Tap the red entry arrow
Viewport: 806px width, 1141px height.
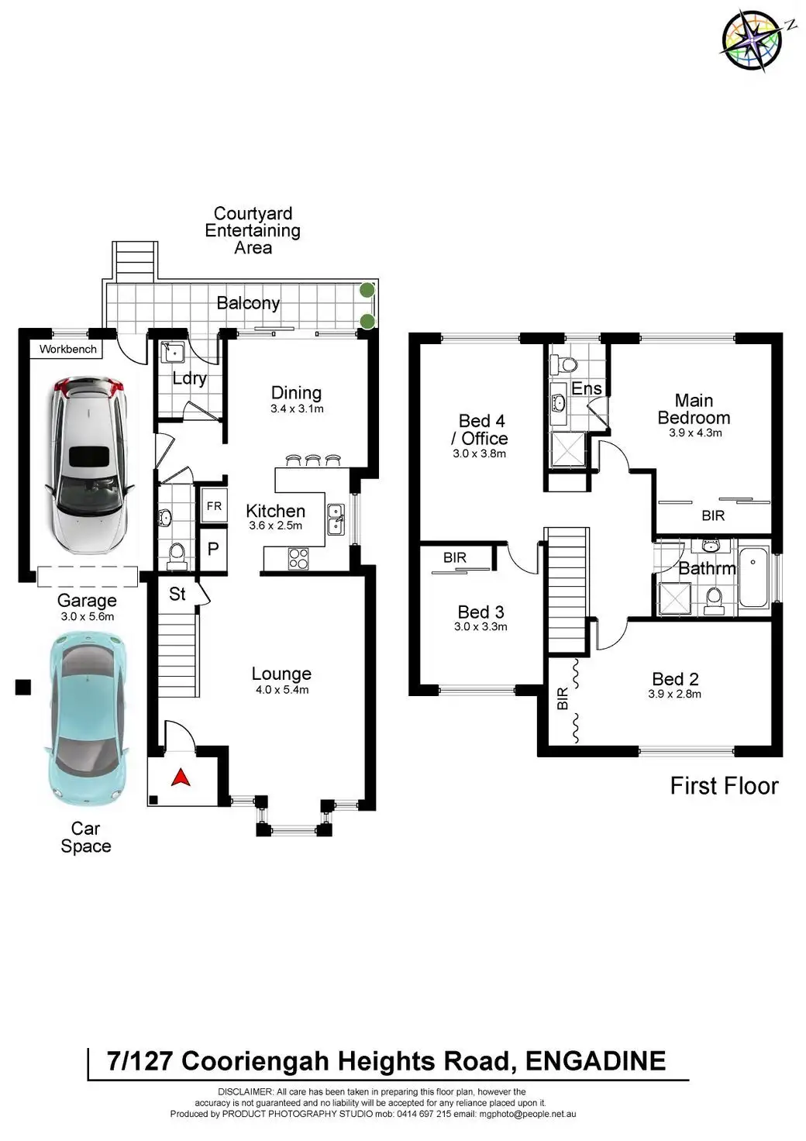(181, 777)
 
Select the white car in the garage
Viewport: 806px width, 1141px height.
(87, 464)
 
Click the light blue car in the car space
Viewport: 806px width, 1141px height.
(84, 718)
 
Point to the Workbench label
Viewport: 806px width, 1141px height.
(68, 350)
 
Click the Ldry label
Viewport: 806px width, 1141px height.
(189, 378)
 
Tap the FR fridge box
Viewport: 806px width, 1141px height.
(214, 506)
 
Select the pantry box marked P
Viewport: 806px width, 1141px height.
(213, 549)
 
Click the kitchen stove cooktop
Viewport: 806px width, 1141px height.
(298, 558)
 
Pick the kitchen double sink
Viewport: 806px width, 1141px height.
(336, 519)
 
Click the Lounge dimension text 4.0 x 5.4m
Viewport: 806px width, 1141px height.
(282, 690)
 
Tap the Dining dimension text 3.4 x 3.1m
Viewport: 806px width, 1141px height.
(297, 408)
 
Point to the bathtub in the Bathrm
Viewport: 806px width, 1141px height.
(753, 577)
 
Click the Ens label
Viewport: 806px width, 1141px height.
(587, 388)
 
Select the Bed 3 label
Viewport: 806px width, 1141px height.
(480, 612)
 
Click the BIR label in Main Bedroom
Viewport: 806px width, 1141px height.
(713, 515)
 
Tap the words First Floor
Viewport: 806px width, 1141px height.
(724, 786)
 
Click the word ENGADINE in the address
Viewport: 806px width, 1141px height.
(595, 1061)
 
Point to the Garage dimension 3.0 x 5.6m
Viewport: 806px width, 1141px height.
(87, 617)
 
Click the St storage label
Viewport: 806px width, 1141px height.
(177, 594)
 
